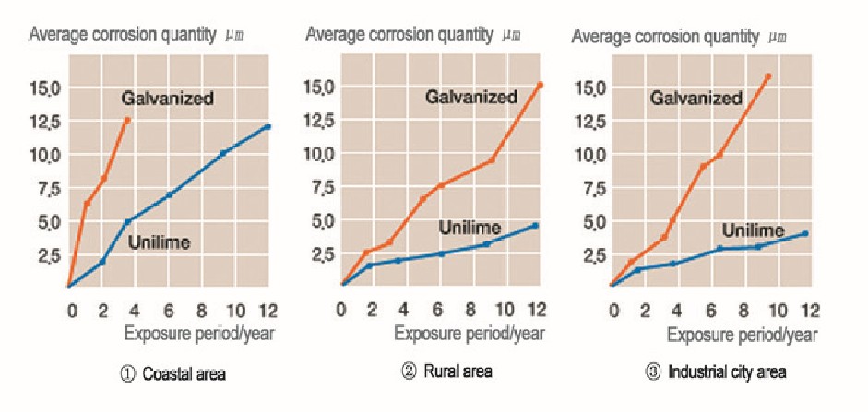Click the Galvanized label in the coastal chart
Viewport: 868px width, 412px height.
[167, 98]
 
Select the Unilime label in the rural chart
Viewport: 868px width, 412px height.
[470, 228]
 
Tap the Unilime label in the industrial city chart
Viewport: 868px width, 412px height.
[753, 230]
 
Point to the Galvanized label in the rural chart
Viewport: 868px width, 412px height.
[471, 97]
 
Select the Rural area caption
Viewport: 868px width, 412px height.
[450, 371]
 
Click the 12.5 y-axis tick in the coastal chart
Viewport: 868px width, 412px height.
[45, 121]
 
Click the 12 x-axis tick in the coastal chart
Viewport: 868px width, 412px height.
[267, 307]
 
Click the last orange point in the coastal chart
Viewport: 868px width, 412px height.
[127, 120]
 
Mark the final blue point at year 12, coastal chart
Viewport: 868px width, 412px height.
[268, 126]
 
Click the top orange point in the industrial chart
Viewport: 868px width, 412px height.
[768, 77]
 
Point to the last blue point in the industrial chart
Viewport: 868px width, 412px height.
[805, 233]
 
